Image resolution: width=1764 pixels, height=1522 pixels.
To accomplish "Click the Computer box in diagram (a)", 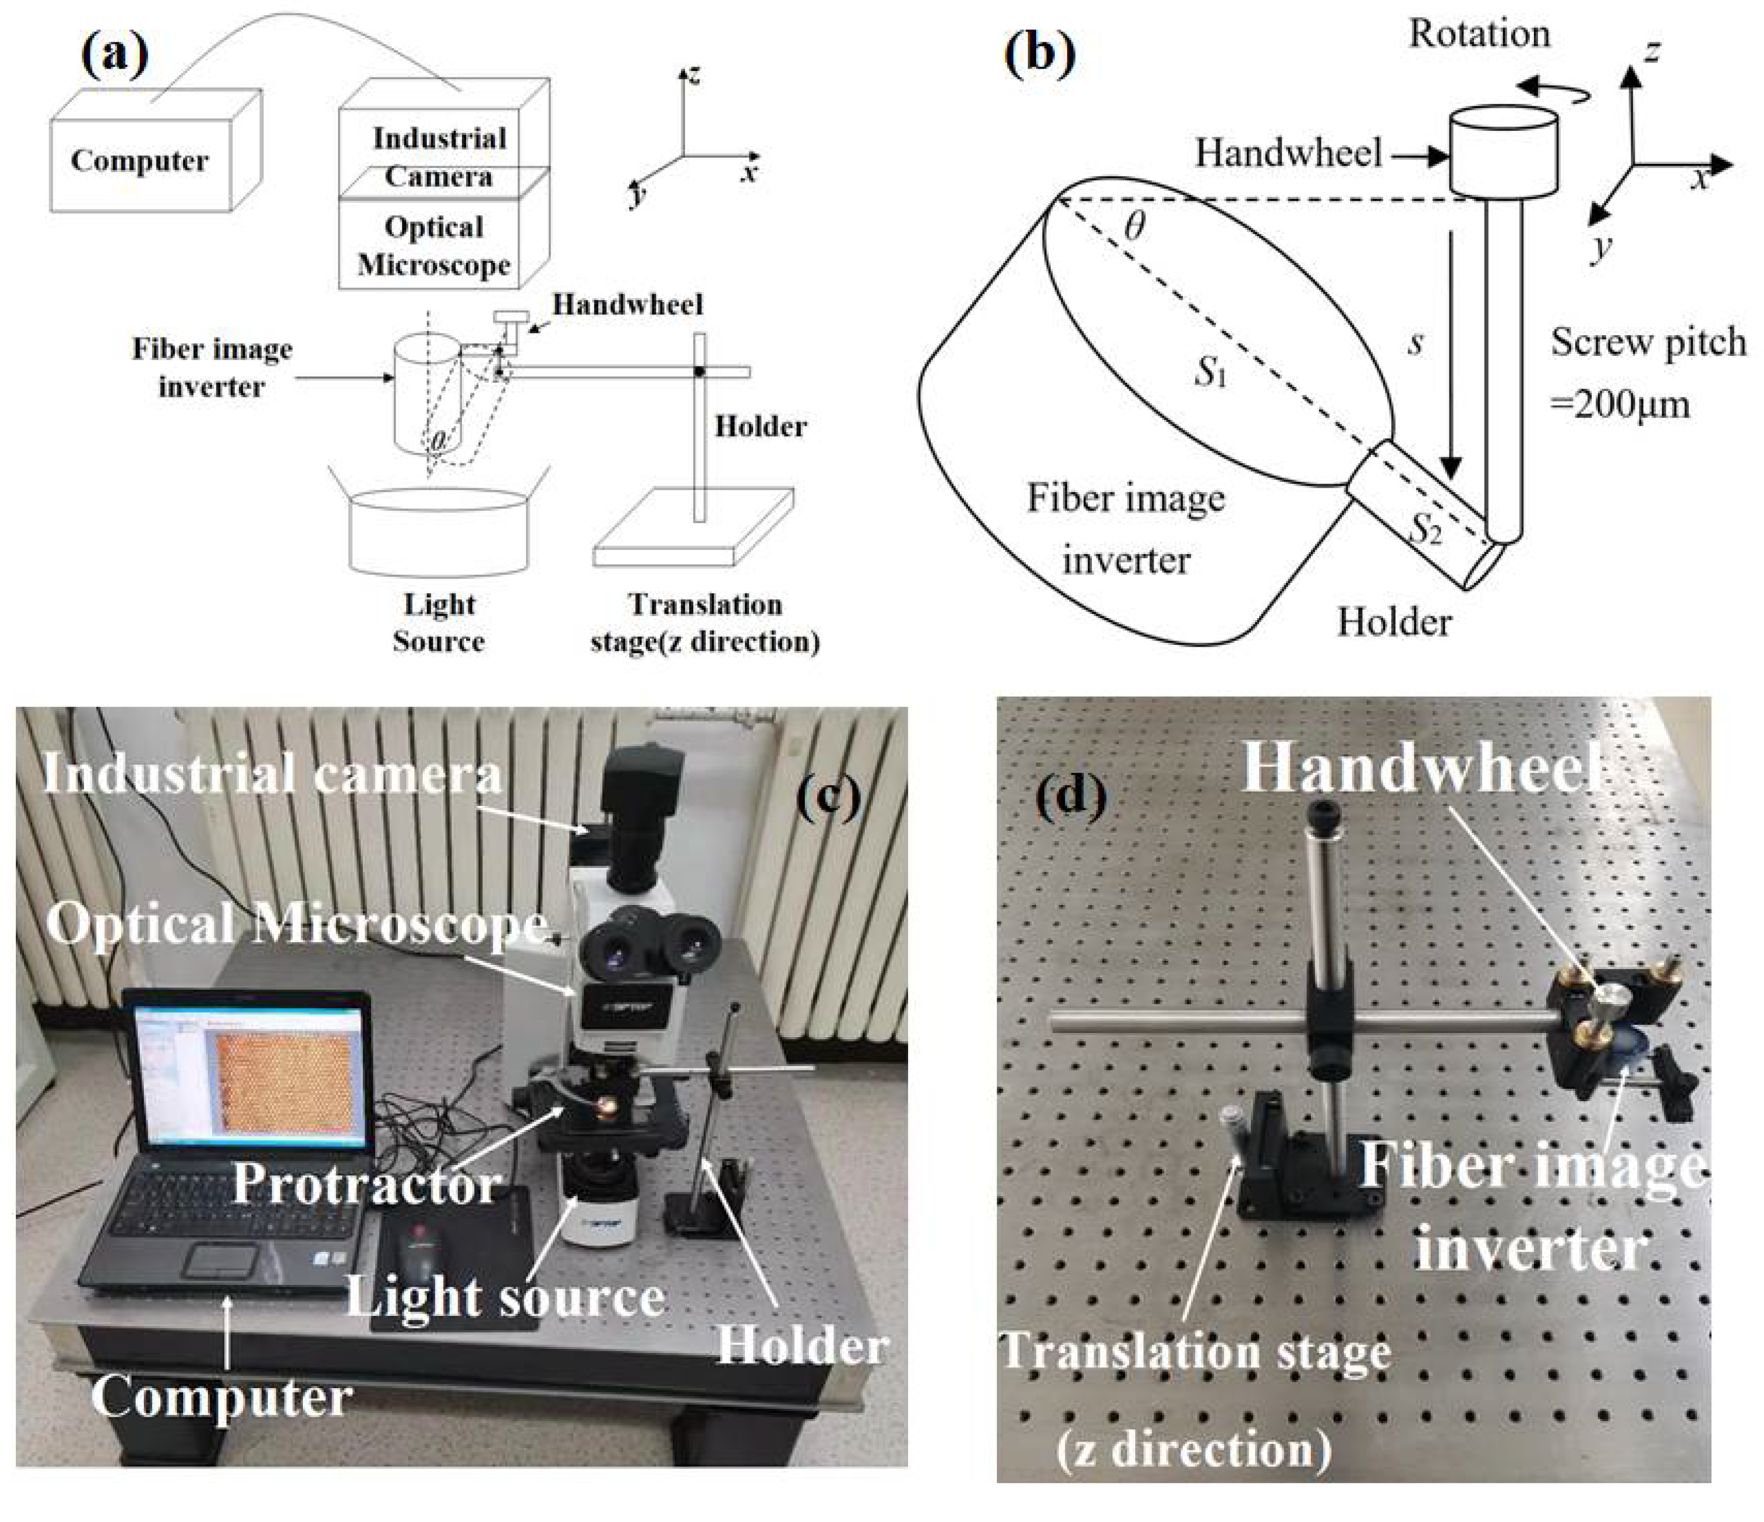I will coord(140,162).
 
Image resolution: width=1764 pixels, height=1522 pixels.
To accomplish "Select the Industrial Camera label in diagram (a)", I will coord(439,157).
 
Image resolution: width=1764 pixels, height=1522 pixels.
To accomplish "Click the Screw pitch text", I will coord(1647,342).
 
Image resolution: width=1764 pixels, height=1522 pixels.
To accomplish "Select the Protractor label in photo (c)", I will coord(366,1183).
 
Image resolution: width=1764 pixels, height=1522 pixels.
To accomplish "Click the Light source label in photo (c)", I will coord(504,1299).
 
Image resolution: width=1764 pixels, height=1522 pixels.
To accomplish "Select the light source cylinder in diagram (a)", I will coord(439,532).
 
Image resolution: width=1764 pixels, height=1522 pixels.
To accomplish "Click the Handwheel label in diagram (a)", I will coord(628,305).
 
